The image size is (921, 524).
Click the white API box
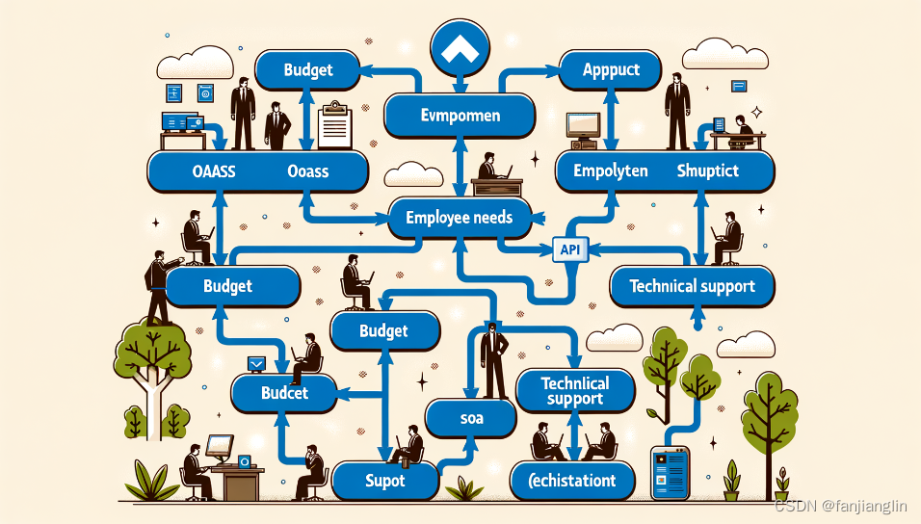[x=568, y=249]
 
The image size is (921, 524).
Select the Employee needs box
[x=459, y=218]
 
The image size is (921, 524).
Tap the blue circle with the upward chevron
[x=460, y=48]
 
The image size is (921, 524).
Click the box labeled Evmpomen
[x=460, y=116]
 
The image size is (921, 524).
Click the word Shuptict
[x=707, y=170]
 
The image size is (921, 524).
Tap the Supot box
[x=384, y=480]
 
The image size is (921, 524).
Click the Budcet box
[x=283, y=393]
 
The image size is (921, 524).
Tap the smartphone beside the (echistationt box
[x=671, y=471]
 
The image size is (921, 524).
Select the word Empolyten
[x=610, y=170]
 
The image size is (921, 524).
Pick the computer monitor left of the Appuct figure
[x=583, y=126]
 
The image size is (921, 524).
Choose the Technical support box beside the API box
[x=692, y=285]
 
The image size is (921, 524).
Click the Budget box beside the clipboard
[x=308, y=69]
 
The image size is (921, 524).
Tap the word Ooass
[x=307, y=171]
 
